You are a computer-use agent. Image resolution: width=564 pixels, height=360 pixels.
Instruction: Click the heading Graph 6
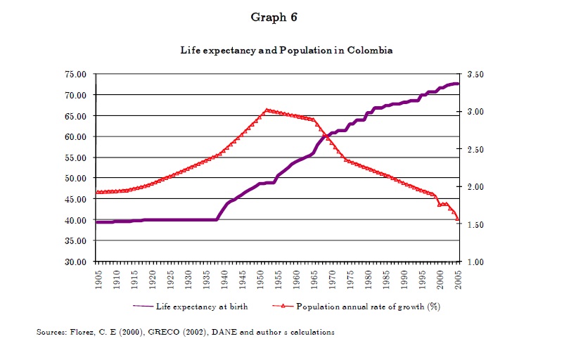coord(274,18)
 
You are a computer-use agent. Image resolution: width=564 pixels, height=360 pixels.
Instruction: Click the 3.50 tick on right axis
coord(472,74)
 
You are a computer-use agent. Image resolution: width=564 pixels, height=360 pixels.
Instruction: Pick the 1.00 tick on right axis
coord(472,262)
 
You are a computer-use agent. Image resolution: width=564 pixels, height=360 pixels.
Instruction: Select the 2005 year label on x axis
coord(458,277)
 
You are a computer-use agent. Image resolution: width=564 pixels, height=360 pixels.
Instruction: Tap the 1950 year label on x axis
coord(259,277)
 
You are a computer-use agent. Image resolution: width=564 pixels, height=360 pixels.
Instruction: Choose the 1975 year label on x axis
coord(350,277)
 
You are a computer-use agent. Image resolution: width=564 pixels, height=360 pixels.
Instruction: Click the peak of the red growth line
coord(267,110)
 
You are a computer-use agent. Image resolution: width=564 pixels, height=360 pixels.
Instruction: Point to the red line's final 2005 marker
coord(458,219)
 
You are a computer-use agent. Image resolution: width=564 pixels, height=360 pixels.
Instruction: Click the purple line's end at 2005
coord(458,84)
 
